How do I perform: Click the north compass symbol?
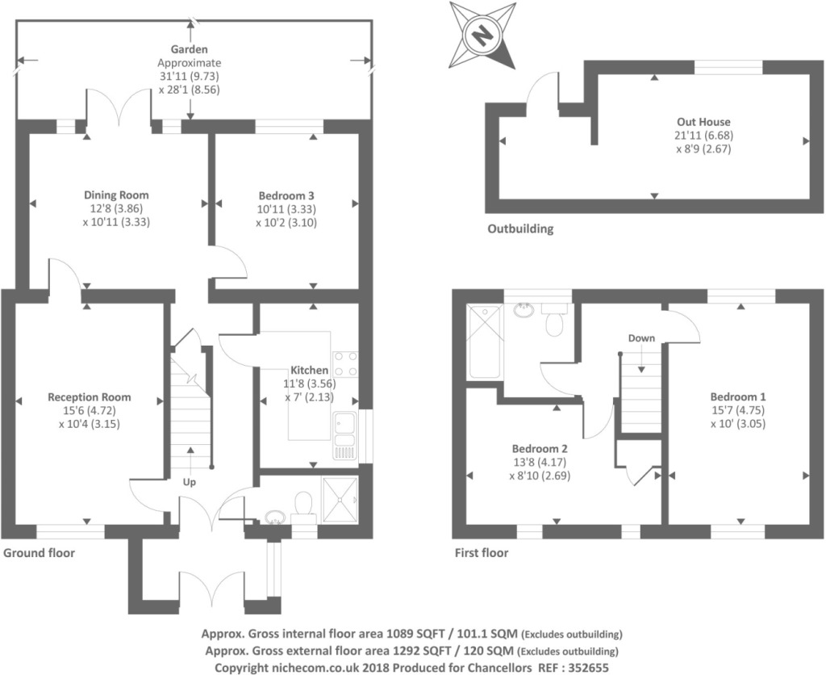coord(482,34)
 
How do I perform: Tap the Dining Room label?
coord(117,195)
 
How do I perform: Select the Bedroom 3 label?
coord(286,195)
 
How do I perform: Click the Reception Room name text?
coord(90,397)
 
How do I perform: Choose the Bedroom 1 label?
coord(738,396)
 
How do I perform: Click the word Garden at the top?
coord(189,49)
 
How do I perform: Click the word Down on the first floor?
coord(641,337)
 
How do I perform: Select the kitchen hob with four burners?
coord(345,363)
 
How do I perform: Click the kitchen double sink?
coord(344,430)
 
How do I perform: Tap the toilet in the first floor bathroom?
coord(554,321)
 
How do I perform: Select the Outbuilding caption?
coord(520,228)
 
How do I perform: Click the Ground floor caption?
coord(39,553)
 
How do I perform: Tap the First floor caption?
coord(481,553)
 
